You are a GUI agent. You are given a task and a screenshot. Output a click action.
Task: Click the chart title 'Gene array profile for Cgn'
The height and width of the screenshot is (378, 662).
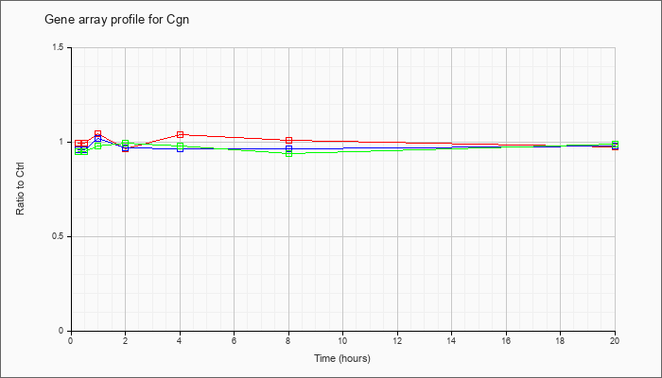point(116,20)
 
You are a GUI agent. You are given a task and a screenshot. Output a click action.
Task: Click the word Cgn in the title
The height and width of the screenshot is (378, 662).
point(179,20)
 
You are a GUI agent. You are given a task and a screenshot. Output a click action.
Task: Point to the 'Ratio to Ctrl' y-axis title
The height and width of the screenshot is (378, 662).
point(20,189)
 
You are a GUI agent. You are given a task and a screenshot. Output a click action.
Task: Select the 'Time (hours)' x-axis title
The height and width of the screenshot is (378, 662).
point(342,358)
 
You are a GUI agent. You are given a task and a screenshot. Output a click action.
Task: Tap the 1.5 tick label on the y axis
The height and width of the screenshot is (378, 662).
point(59,47)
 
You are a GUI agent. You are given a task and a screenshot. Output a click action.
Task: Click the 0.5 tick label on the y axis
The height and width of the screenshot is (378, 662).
point(59,236)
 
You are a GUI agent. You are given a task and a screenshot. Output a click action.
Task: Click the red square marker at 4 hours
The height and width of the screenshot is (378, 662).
point(180,134)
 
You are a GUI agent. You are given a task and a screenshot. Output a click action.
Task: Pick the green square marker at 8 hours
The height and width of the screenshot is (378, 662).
point(288,153)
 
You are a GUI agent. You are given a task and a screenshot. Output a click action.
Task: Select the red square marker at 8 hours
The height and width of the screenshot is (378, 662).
point(288,140)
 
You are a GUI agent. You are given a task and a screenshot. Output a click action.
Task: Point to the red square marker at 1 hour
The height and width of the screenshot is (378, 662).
point(98,134)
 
